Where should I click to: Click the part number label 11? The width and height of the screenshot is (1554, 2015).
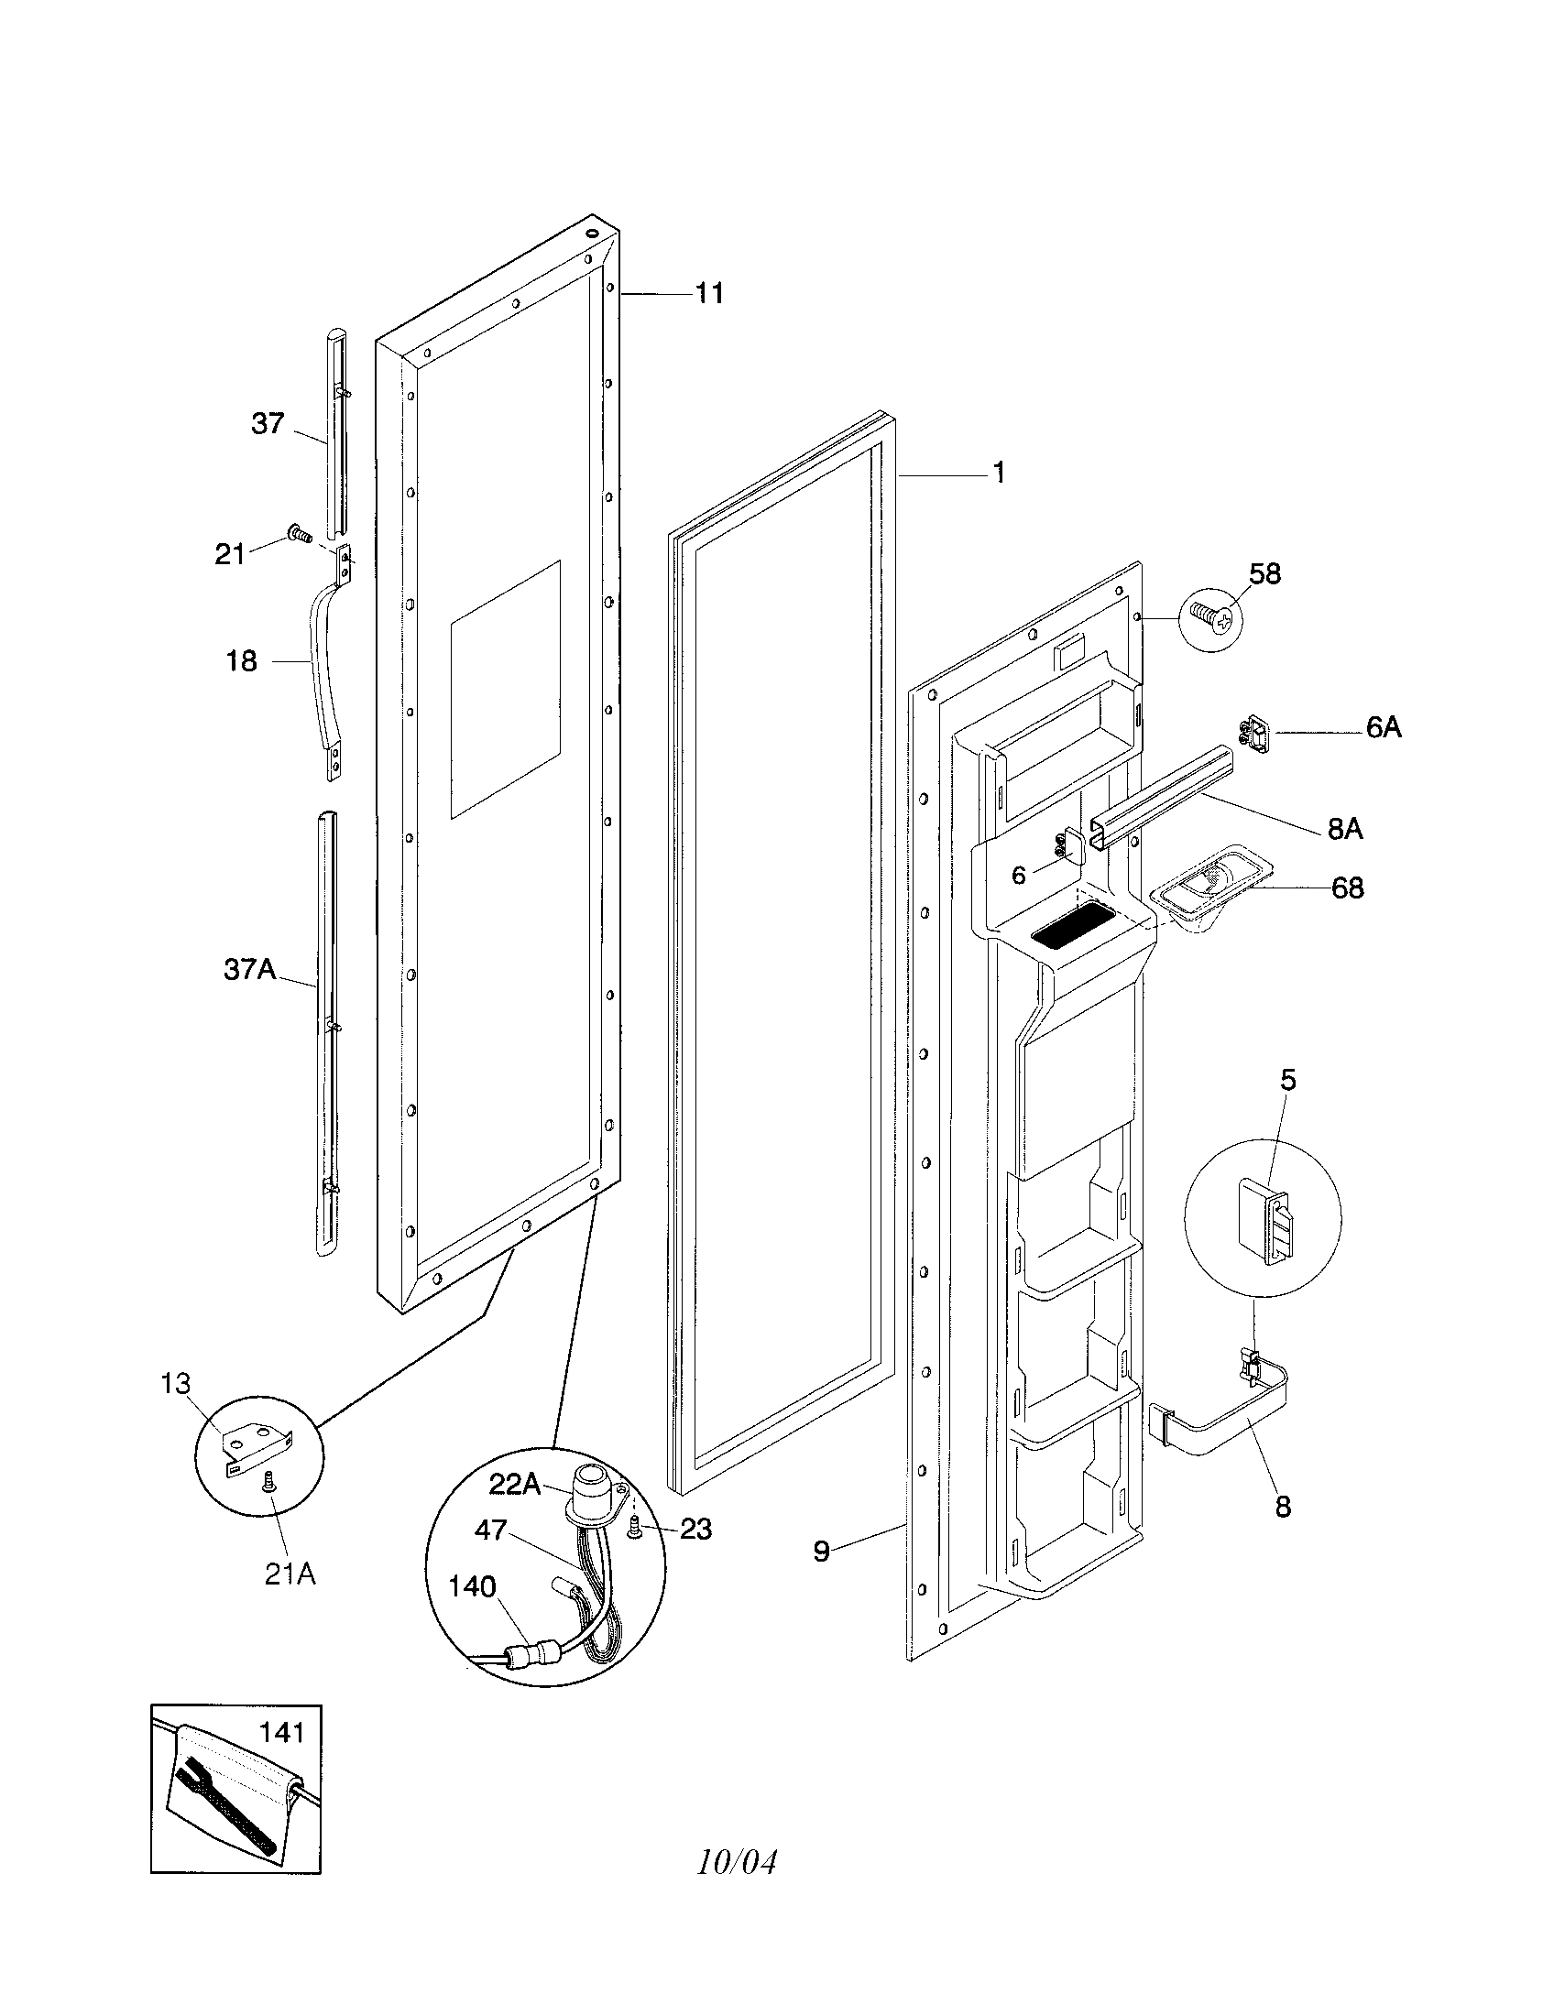coord(707,293)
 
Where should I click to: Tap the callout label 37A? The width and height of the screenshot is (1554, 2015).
coord(249,970)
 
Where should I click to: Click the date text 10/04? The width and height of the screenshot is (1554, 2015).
coord(736,1862)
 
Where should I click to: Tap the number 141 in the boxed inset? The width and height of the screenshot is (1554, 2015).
coord(281,1733)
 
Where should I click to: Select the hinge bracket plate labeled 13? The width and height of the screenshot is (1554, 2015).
coord(254,1443)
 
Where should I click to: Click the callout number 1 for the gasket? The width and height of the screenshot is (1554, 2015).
coord(998,473)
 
